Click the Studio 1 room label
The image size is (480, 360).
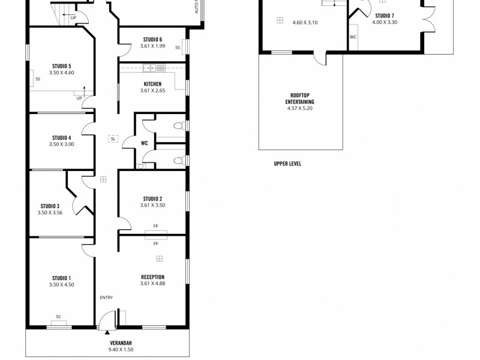61,278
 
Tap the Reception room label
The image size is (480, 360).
152,277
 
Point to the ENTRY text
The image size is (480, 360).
106,298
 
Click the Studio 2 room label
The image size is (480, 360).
152,199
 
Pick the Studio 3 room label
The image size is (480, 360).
50,206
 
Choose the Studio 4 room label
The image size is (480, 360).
61,137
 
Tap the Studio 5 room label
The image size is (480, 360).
61,65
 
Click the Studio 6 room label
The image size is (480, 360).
152,39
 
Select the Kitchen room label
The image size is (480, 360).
152,84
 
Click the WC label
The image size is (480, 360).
144,143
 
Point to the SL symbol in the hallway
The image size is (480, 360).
113,139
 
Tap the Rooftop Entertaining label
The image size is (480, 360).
300,98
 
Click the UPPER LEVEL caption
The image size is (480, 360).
287,163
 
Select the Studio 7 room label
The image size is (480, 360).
385,16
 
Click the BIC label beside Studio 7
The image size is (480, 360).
353,37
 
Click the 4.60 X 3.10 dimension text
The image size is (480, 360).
305,22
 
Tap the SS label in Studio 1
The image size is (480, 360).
58,316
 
